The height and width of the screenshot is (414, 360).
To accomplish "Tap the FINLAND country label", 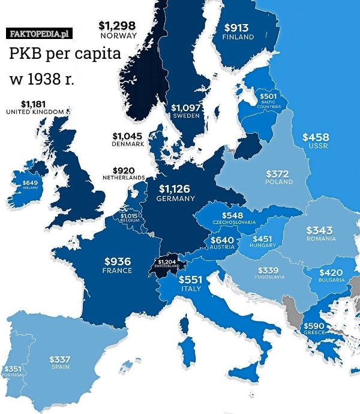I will click(x=238, y=37).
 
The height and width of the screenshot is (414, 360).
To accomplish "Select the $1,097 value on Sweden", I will click(x=185, y=107).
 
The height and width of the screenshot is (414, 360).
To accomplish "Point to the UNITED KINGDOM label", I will click(x=35, y=112).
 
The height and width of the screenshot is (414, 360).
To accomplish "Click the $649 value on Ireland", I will click(x=30, y=182).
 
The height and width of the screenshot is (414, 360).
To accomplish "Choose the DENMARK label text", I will click(x=128, y=144).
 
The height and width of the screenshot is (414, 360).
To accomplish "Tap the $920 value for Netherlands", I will click(x=124, y=170).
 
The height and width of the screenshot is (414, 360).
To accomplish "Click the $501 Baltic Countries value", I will click(x=268, y=96).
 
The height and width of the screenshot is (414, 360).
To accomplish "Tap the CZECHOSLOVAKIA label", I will click(x=234, y=222).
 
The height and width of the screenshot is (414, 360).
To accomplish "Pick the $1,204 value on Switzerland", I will click(x=168, y=262).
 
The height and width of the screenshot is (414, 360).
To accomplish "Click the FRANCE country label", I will click(x=117, y=271).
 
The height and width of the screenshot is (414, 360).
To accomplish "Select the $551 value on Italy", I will click(x=191, y=280).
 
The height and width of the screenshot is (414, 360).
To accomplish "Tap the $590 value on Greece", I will click(x=314, y=325).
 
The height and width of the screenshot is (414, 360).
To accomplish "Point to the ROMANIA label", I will click(x=320, y=238).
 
